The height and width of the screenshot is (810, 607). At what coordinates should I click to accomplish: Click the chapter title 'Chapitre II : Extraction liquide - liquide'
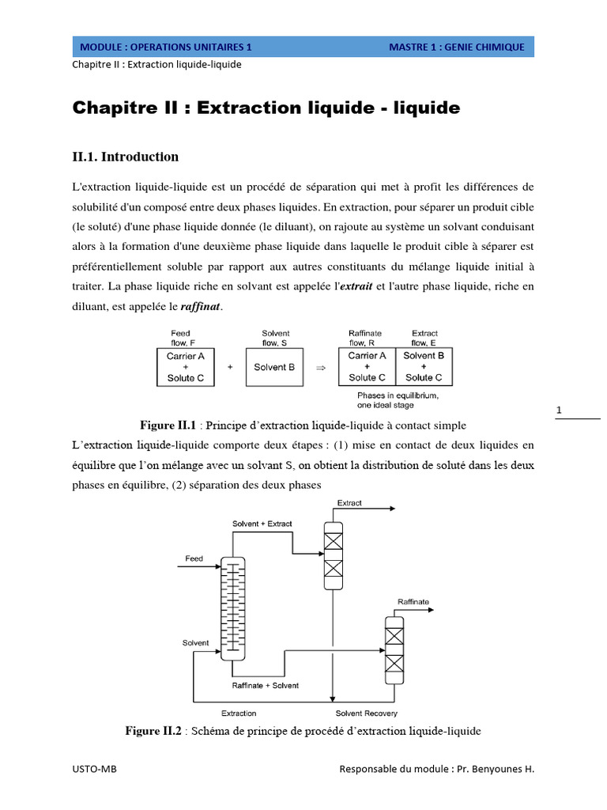(266, 108)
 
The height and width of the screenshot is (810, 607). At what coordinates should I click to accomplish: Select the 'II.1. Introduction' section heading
(126, 157)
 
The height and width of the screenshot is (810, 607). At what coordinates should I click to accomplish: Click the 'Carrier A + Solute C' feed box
(186, 367)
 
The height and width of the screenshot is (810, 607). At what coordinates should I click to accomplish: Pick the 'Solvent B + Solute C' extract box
(424, 367)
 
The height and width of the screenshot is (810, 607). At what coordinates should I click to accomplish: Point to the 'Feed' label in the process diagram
(194, 559)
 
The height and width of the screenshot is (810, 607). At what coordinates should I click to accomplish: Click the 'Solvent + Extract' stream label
(262, 524)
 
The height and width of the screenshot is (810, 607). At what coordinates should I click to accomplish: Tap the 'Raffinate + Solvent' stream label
(266, 685)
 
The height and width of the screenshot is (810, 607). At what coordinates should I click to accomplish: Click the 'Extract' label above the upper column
(349, 503)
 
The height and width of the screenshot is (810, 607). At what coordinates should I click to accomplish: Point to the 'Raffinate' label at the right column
(413, 602)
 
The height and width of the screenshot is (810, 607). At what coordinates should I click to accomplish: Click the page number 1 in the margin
(559, 411)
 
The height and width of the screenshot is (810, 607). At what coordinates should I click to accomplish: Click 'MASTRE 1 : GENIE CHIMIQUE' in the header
(456, 47)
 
